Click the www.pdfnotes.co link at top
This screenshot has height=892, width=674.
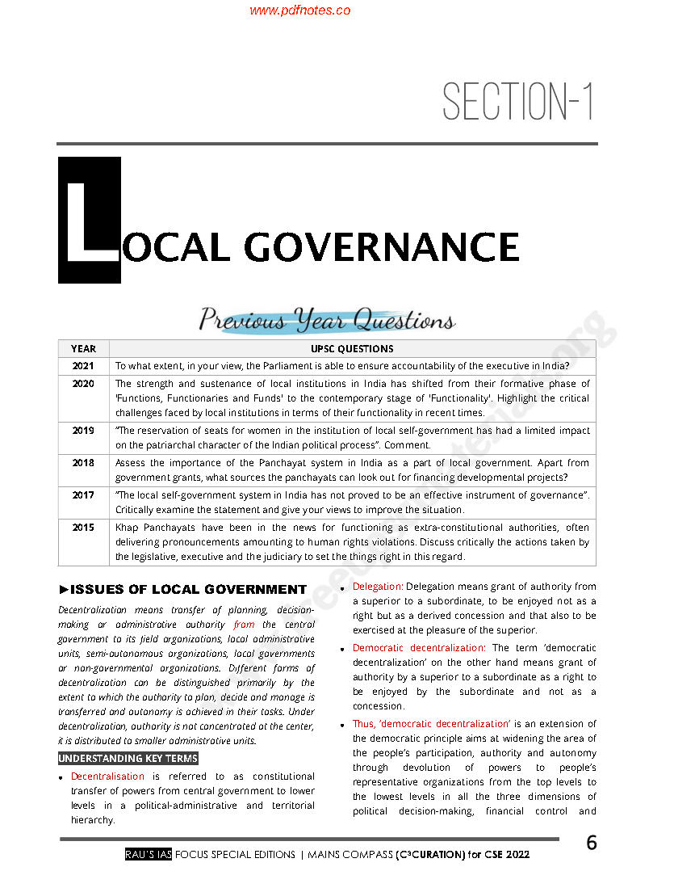(299, 11)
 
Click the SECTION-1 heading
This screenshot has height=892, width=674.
(517, 103)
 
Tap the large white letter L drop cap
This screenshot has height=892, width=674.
(90, 221)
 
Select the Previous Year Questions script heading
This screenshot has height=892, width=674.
(326, 321)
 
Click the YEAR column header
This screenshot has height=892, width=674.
(83, 349)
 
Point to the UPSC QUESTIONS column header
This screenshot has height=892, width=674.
(352, 349)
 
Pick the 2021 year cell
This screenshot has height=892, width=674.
(83, 366)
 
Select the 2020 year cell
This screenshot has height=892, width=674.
(83, 384)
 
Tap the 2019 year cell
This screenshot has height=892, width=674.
(83, 431)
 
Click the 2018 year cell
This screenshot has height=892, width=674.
(83, 463)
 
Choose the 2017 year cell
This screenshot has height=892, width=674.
(83, 495)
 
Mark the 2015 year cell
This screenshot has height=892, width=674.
(83, 527)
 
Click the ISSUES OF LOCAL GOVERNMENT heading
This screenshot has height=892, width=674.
(182, 590)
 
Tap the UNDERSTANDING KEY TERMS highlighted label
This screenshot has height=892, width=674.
(128, 759)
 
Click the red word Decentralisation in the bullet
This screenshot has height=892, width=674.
(107, 776)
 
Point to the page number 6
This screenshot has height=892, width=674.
(591, 844)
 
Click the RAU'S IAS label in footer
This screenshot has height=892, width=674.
(149, 855)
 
